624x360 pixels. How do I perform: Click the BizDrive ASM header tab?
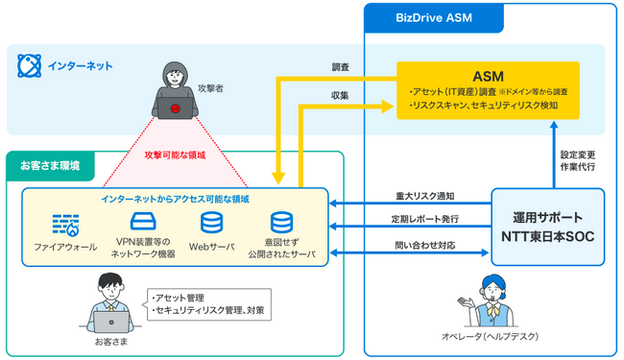click(x=420, y=16)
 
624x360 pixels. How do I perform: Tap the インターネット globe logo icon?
click(x=29, y=65)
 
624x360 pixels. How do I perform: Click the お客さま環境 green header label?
click(x=50, y=165)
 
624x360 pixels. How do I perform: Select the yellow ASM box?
click(x=488, y=90)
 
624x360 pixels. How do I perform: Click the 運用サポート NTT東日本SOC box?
click(x=548, y=226)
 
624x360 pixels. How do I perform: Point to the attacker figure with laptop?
click(x=176, y=91)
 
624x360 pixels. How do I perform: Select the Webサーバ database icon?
click(x=212, y=224)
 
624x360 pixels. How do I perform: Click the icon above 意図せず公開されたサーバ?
click(x=281, y=224)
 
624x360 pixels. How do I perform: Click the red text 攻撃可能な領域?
click(x=175, y=155)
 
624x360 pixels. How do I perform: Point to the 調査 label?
click(x=341, y=68)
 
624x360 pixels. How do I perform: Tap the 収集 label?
click(x=341, y=94)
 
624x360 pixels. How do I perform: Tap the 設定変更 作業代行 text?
click(x=577, y=159)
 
